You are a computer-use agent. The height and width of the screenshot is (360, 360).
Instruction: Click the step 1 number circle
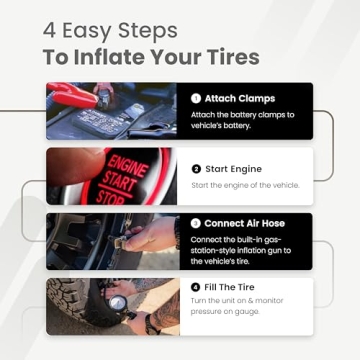(x=195, y=99)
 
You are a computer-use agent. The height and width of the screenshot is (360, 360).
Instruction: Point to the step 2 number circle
(x=195, y=169)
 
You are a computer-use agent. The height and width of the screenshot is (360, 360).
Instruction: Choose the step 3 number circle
(x=195, y=223)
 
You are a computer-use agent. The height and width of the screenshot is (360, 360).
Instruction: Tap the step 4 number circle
(x=195, y=287)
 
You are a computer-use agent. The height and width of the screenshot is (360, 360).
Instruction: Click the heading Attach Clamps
(x=240, y=99)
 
